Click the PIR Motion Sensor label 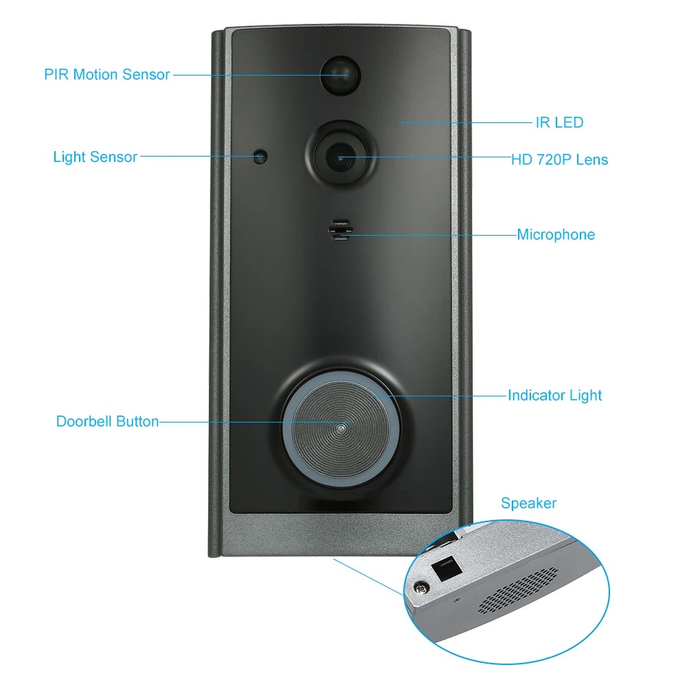click(106, 74)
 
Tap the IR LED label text click(559, 123)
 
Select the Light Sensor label click(95, 157)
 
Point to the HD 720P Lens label click(559, 159)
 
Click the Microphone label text click(556, 235)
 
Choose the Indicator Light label click(554, 395)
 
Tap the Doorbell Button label click(107, 421)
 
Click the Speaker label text click(528, 503)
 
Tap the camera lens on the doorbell click(342, 157)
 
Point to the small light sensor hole click(260, 157)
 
